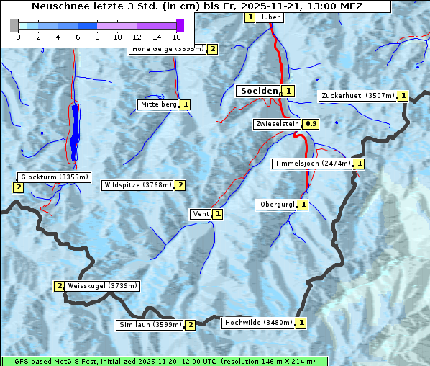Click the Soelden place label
(258, 91)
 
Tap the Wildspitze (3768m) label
(138, 185)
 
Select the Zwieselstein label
(277, 124)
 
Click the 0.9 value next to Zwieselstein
(311, 124)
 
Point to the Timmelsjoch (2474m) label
(313, 164)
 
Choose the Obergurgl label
(276, 205)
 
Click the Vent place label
(200, 214)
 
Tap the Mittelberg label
(158, 104)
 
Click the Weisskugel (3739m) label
(102, 286)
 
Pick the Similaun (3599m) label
(150, 325)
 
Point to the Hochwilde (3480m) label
(257, 323)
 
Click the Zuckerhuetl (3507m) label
(358, 96)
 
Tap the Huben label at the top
(270, 17)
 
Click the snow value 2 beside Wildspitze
(180, 185)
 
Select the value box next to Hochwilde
(301, 323)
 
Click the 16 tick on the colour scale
(177, 36)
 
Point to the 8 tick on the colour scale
(97, 36)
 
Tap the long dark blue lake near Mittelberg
(75, 132)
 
